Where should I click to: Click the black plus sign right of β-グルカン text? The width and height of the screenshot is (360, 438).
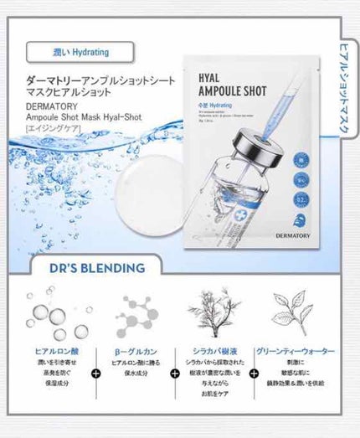coord(173,373)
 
